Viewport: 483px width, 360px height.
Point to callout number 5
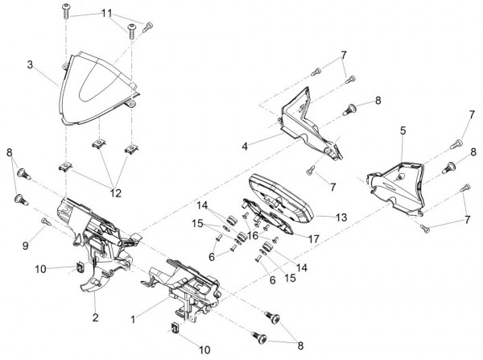[x=402, y=130]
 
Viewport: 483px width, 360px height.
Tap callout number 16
[x=253, y=235]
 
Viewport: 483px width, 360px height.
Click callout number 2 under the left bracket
[x=95, y=318]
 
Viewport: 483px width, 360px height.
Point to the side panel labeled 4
[x=306, y=121]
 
